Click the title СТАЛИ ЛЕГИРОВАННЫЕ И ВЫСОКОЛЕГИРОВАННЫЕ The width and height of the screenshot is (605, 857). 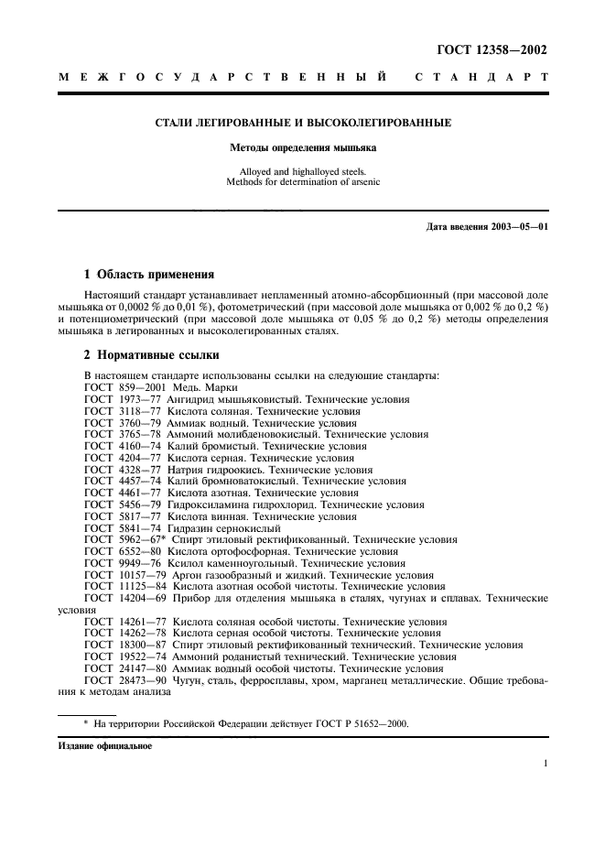(x=302, y=122)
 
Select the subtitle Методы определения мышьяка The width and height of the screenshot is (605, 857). (x=302, y=146)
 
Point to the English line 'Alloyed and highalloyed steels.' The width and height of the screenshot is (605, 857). (x=302, y=170)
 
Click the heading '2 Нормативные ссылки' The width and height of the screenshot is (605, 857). (x=151, y=353)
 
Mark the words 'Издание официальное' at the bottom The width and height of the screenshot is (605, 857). (x=105, y=745)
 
